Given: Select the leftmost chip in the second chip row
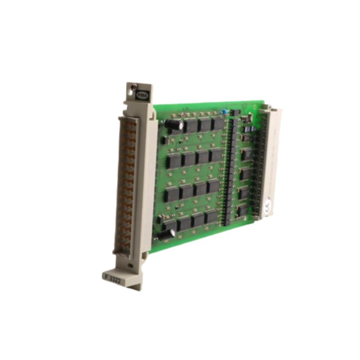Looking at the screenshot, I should (173, 161).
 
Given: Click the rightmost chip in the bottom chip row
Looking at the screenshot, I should (211, 217).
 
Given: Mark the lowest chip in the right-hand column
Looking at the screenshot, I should (243, 209).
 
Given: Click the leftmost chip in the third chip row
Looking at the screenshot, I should (172, 194).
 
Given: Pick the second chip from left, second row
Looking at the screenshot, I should (188, 159).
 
